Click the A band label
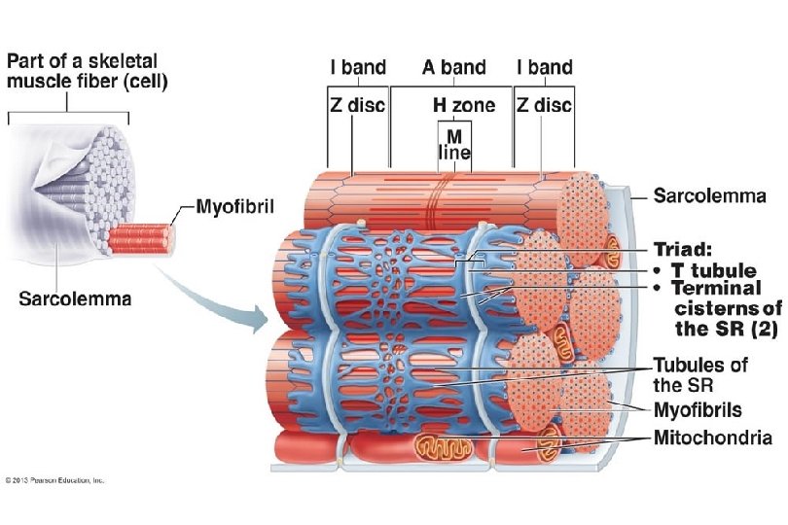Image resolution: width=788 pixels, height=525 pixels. pos(454,68)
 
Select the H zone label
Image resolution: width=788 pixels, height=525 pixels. pos(464,105)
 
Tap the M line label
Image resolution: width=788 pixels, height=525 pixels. pos(453,143)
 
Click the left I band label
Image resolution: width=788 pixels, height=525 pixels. pos(358,68)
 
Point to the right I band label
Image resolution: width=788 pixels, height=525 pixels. pos(545,68)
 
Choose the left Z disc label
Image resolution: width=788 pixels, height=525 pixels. pos(357,105)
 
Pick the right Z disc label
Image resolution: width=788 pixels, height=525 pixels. pos(545,105)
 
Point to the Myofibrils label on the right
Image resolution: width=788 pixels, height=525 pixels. pos(698,410)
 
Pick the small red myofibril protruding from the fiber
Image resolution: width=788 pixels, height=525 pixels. pos(140,236)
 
